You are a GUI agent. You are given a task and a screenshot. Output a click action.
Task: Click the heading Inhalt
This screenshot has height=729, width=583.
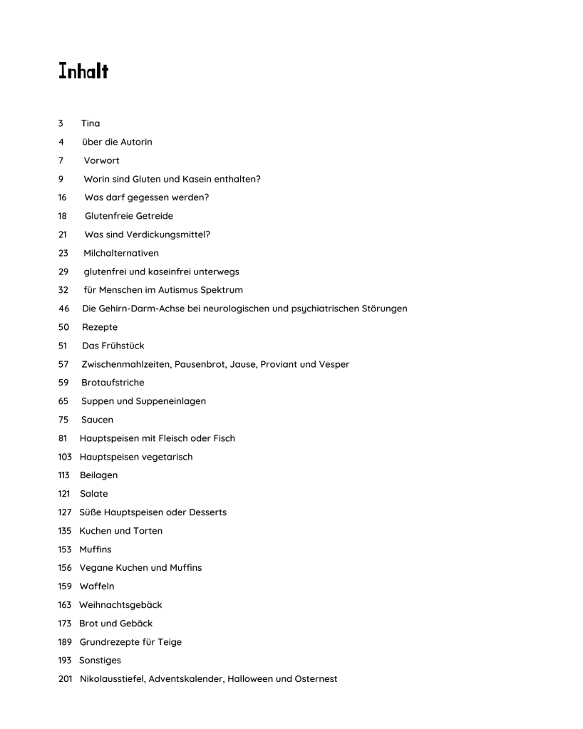[x=83, y=71]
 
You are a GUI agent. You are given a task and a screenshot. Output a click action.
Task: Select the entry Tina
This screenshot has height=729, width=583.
[x=91, y=123]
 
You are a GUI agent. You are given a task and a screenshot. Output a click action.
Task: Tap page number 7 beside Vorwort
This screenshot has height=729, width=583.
[x=61, y=160]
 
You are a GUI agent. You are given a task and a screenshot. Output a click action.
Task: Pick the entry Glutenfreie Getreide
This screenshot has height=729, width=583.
[x=128, y=216]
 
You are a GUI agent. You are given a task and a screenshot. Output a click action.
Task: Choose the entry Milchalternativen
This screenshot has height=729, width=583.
[x=120, y=253]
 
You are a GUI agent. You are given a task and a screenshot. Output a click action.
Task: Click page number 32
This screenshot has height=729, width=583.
[x=63, y=290]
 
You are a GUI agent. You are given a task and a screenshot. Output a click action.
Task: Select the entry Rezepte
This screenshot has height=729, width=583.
[x=100, y=327]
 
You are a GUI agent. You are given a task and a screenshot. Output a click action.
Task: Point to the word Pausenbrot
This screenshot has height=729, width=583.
[x=189, y=364]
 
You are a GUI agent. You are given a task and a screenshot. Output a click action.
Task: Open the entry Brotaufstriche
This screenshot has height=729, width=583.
[x=113, y=383]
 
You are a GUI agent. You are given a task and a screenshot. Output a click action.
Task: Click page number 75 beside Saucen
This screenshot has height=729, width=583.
[x=63, y=420]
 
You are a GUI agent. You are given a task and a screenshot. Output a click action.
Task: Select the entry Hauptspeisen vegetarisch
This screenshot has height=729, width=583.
[x=136, y=457]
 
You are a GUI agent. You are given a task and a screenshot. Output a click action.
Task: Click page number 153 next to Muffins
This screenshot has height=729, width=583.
[x=66, y=549]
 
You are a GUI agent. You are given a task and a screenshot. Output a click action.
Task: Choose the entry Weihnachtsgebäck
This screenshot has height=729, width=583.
[x=120, y=605]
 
